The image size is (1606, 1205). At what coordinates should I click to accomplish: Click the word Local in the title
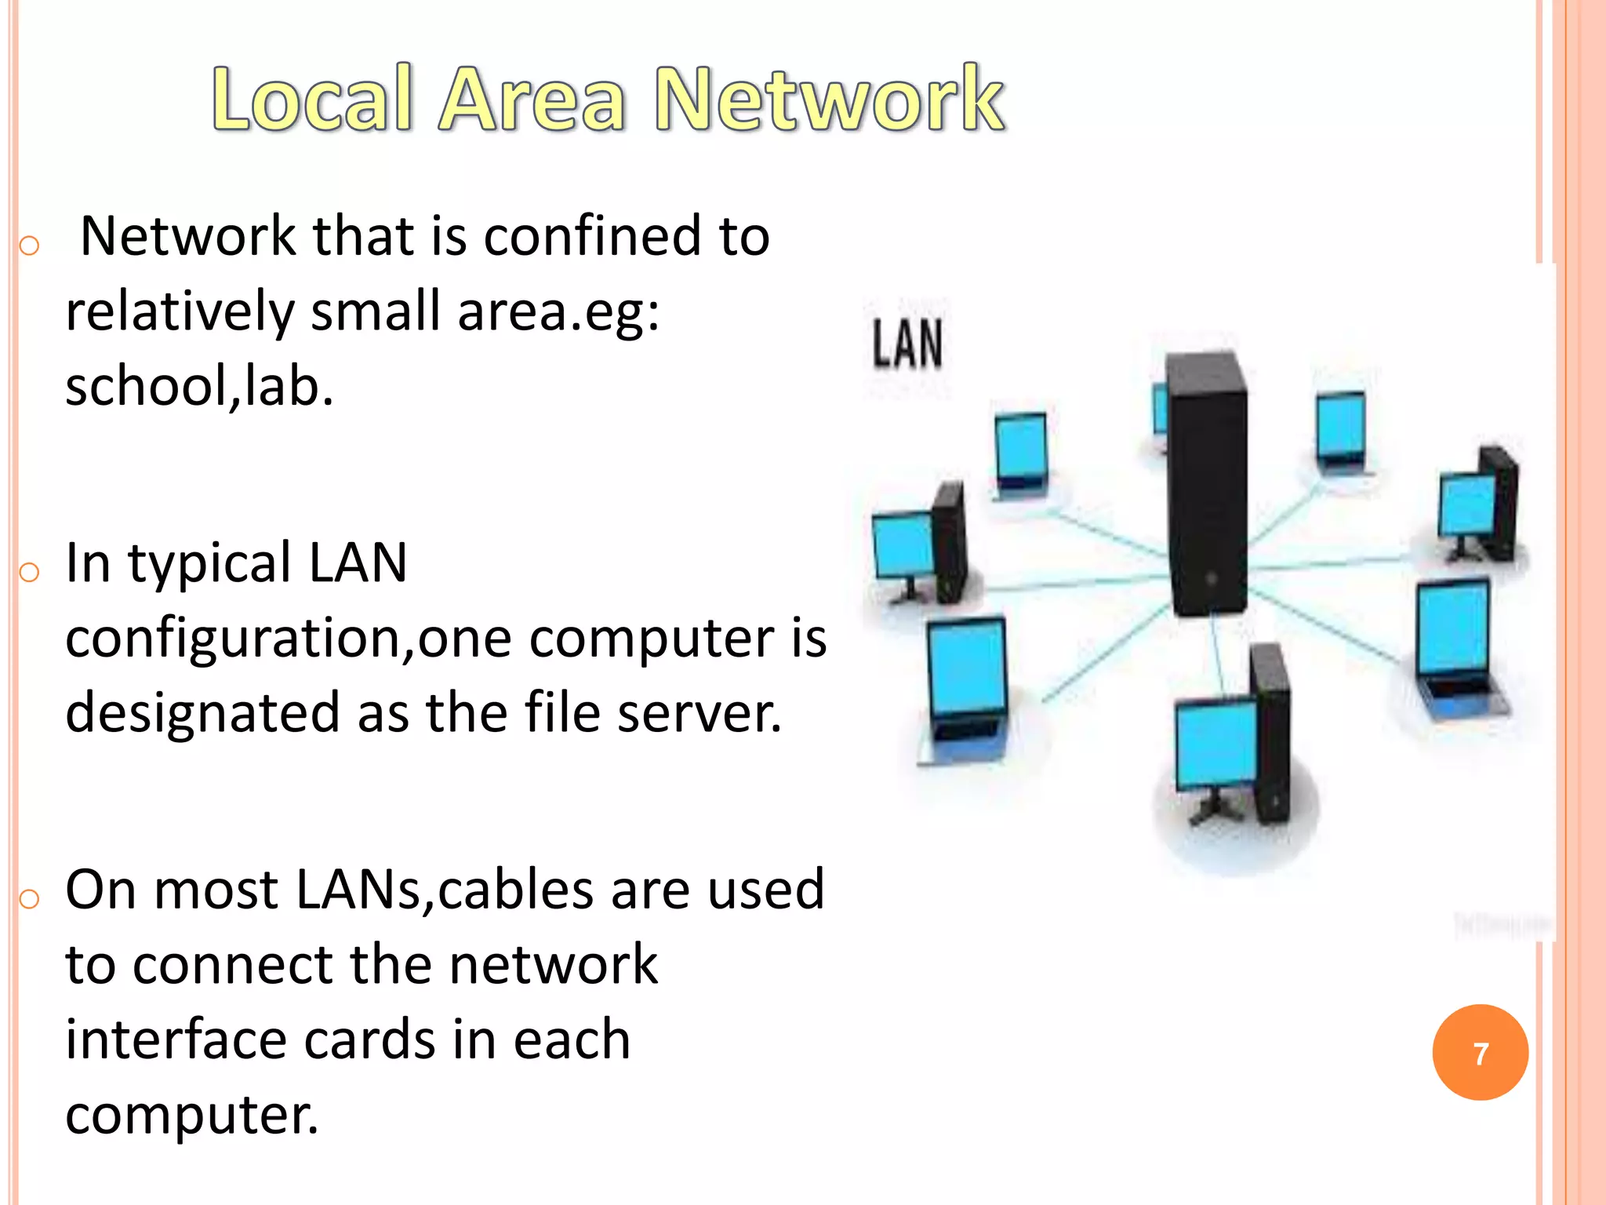(x=312, y=99)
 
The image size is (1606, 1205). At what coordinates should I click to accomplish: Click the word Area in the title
(x=533, y=99)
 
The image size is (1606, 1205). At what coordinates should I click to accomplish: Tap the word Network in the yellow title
(x=830, y=99)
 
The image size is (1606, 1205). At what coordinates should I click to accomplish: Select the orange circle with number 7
(x=1480, y=1053)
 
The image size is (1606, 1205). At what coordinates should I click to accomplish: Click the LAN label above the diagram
(x=907, y=344)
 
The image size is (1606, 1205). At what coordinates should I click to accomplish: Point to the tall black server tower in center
(x=1205, y=482)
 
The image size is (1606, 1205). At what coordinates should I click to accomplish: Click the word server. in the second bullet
(x=699, y=712)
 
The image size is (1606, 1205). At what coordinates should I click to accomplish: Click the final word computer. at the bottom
(x=192, y=1114)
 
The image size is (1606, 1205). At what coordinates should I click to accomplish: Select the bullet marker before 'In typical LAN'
(x=29, y=572)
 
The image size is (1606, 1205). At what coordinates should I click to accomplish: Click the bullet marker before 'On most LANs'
(x=29, y=898)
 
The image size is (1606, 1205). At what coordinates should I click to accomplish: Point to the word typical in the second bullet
(x=209, y=563)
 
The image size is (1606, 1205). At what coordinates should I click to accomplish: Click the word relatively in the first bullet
(x=180, y=311)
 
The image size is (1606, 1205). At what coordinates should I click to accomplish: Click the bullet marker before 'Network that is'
(x=29, y=246)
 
